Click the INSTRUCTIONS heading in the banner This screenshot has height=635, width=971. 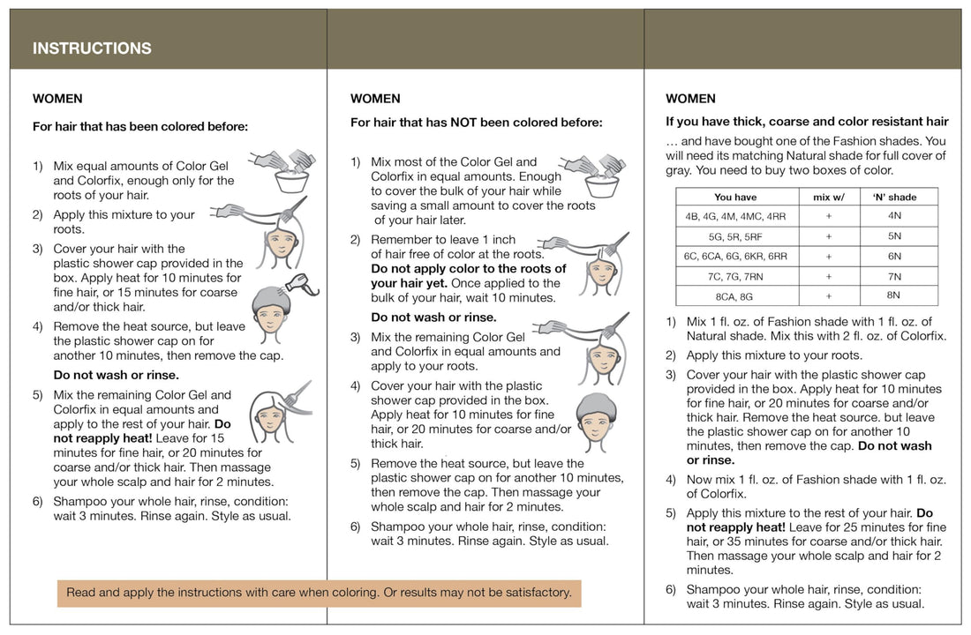coord(92,49)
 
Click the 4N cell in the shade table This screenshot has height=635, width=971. coord(893,216)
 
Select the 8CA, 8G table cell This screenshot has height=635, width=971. coord(735,296)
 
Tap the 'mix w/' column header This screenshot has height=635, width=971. coord(828,197)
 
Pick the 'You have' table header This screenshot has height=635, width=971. coord(735,197)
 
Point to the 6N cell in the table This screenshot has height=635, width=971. coord(893,257)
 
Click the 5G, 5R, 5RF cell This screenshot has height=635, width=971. coord(735,236)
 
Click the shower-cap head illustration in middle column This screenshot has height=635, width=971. coord(596,418)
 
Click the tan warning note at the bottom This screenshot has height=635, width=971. coord(319,593)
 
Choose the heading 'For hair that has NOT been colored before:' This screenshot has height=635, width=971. coord(476,123)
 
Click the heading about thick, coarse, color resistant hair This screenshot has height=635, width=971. coord(807,122)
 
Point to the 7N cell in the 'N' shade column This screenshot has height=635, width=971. coord(893,277)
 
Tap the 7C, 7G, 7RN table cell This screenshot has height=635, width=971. coord(735,277)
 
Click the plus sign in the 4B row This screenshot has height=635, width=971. coord(828,216)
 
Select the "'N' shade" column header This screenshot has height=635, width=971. coord(893,197)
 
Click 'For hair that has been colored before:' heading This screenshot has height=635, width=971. coord(140,126)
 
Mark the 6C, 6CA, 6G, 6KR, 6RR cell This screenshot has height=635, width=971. coord(735,257)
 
